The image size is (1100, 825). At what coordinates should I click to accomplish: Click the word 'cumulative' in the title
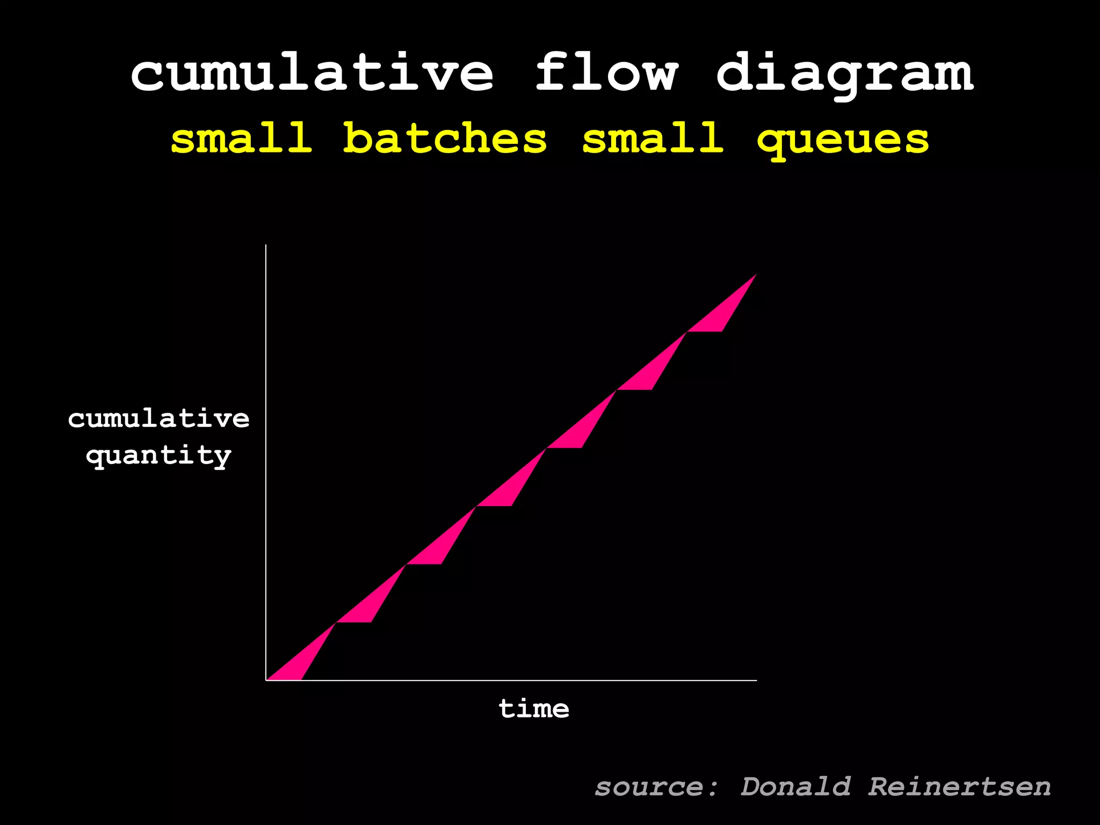tap(312, 73)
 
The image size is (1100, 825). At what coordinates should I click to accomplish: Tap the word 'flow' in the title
tap(606, 72)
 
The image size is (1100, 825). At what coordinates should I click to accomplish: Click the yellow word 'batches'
tap(445, 138)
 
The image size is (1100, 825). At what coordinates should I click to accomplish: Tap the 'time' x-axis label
tap(534, 709)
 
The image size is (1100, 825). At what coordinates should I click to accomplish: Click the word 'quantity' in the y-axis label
tap(159, 456)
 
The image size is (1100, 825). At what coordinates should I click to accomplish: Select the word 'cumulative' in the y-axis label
tap(159, 418)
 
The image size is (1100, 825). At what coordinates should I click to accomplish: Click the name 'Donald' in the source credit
tap(795, 787)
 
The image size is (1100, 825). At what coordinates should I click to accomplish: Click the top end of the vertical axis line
tap(266, 245)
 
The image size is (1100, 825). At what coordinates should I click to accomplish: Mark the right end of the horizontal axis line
tap(756, 680)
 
